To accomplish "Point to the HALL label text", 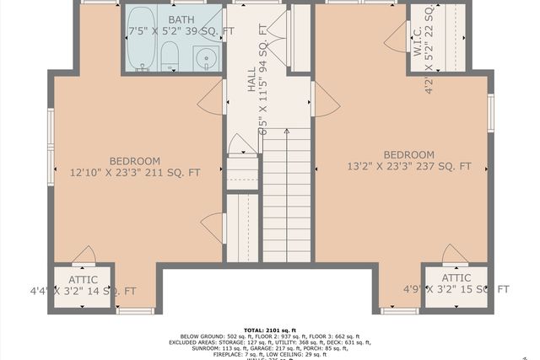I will pyautogui.click(x=251, y=81).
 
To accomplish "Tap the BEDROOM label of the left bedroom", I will pyautogui.click(x=134, y=161).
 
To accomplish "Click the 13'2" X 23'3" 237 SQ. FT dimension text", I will pyautogui.click(x=408, y=167).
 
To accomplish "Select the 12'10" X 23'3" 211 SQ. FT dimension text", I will pyautogui.click(x=134, y=173).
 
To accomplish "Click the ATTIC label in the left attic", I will pyautogui.click(x=83, y=279).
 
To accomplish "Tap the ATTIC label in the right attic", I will pyautogui.click(x=456, y=277).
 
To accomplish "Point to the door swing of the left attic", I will pyautogui.click(x=84, y=255).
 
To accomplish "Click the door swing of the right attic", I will pyautogui.click(x=455, y=255).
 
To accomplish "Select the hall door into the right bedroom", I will pyautogui.click(x=324, y=99).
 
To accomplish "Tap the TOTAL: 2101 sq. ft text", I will pyautogui.click(x=269, y=330).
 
